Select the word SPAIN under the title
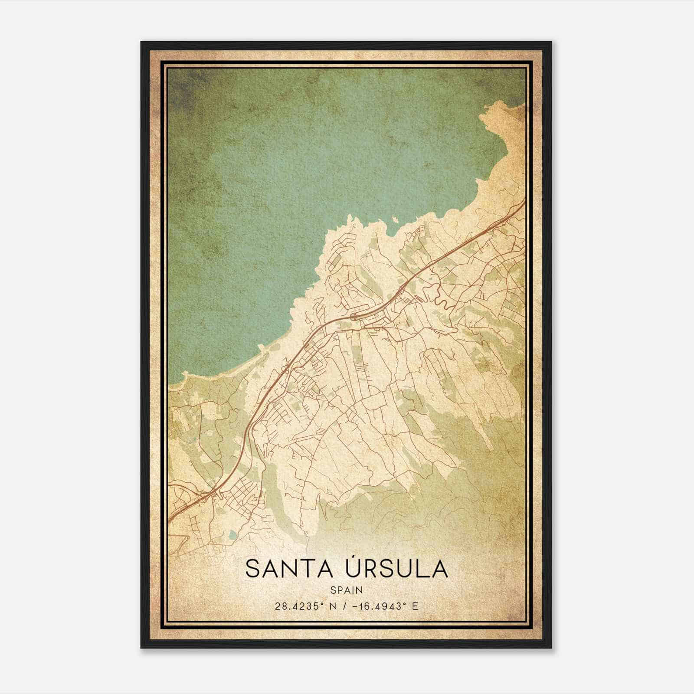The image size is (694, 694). coord(347,590)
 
